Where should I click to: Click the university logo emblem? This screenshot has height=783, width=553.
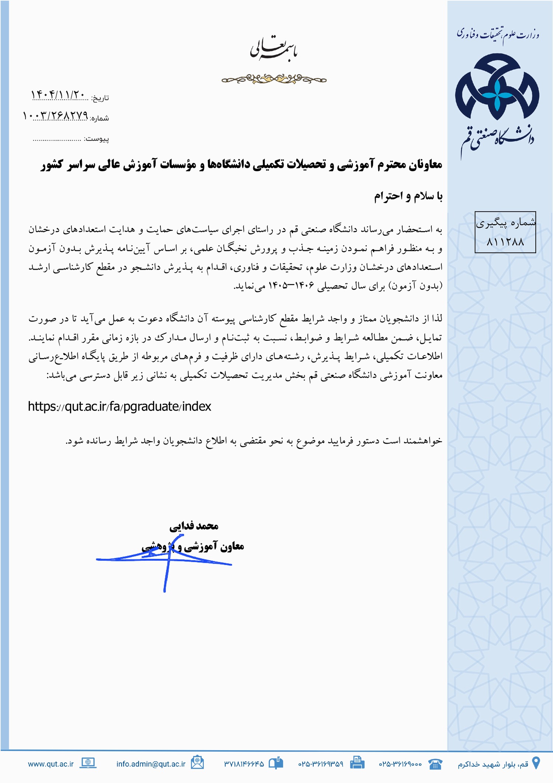click(497, 87)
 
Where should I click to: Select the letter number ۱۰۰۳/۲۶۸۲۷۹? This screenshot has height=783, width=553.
click(55, 116)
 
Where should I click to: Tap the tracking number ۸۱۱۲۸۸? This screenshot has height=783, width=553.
click(505, 242)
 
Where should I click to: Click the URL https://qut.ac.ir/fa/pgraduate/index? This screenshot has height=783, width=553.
click(119, 406)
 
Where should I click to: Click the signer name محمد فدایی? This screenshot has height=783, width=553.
click(194, 526)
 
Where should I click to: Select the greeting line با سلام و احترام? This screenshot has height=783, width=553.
click(408, 196)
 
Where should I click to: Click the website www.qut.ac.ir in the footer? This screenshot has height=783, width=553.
click(51, 764)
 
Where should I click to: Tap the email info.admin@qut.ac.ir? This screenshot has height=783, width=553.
click(151, 764)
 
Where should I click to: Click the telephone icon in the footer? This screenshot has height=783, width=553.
click(435, 763)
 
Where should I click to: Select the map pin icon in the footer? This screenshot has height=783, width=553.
click(536, 763)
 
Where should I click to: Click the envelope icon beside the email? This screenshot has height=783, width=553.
click(197, 762)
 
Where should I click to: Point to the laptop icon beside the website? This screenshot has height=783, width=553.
click(88, 763)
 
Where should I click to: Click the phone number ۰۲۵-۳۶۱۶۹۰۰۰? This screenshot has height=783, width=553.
click(400, 764)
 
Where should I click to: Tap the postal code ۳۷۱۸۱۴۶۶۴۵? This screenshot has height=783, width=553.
click(244, 764)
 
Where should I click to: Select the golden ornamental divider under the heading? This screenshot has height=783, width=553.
click(274, 79)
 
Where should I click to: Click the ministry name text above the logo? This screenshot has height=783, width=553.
click(498, 34)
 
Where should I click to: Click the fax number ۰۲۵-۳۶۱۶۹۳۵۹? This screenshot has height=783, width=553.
click(320, 764)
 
